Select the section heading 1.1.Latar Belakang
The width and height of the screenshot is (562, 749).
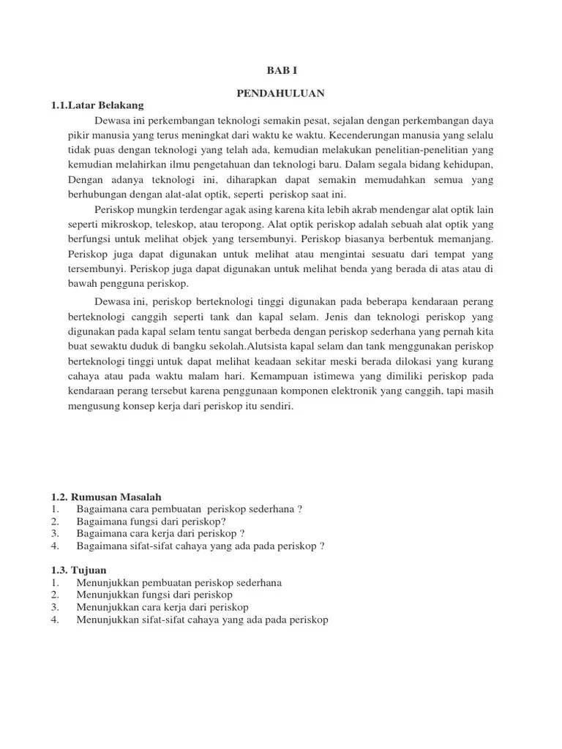(x=97, y=106)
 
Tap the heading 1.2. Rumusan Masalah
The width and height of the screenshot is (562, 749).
(x=105, y=497)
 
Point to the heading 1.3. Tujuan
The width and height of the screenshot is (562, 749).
(x=79, y=570)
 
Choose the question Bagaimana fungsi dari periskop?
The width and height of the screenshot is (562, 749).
(x=151, y=522)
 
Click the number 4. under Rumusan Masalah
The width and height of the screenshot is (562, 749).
(x=56, y=546)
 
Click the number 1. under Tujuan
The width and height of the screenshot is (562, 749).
(x=56, y=582)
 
